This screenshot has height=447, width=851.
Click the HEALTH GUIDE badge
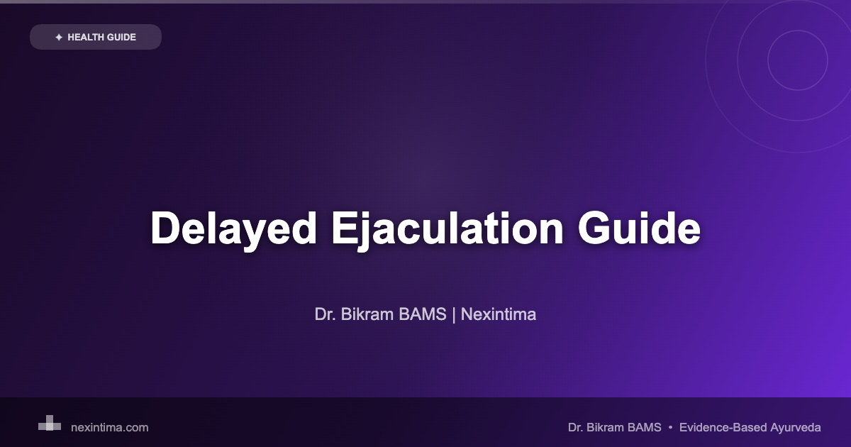(x=96, y=37)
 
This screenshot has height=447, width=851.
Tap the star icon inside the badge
(x=58, y=37)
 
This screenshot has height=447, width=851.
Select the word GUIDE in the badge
(x=121, y=37)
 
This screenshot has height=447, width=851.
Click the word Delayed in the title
(x=233, y=229)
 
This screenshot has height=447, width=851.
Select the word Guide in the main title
(x=639, y=229)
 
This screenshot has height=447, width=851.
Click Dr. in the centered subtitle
(x=326, y=314)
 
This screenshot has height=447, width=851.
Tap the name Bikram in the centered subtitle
(x=362, y=314)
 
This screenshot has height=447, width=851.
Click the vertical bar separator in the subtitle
(x=454, y=314)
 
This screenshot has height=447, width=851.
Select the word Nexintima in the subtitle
(x=499, y=314)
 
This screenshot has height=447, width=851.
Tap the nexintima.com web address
(x=110, y=427)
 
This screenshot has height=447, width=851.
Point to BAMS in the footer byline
(x=645, y=427)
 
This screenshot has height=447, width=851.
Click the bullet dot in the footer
(x=671, y=427)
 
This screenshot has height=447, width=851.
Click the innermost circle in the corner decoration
(x=798, y=60)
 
